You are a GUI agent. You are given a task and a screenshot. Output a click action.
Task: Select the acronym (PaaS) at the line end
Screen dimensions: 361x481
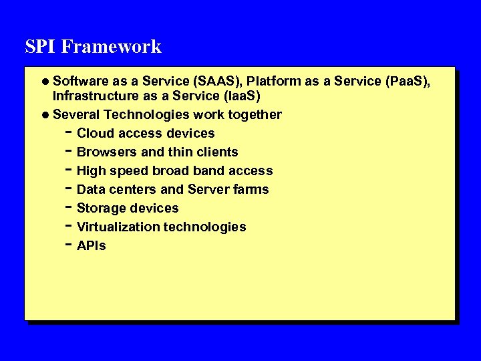[x=409, y=82]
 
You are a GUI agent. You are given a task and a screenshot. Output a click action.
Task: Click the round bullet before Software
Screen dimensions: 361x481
[x=45, y=82]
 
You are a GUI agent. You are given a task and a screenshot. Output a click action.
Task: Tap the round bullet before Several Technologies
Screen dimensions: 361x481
[x=45, y=115]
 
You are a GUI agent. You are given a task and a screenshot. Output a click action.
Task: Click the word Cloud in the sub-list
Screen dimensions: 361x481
[x=96, y=134]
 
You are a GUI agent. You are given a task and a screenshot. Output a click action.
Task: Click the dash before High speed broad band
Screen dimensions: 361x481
[x=70, y=170]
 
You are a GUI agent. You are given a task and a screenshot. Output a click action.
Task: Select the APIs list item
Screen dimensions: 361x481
[x=92, y=246]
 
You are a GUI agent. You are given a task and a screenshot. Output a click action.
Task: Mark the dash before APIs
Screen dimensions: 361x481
[x=70, y=245]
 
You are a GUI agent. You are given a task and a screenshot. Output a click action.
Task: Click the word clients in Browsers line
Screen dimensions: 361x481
[x=216, y=152]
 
